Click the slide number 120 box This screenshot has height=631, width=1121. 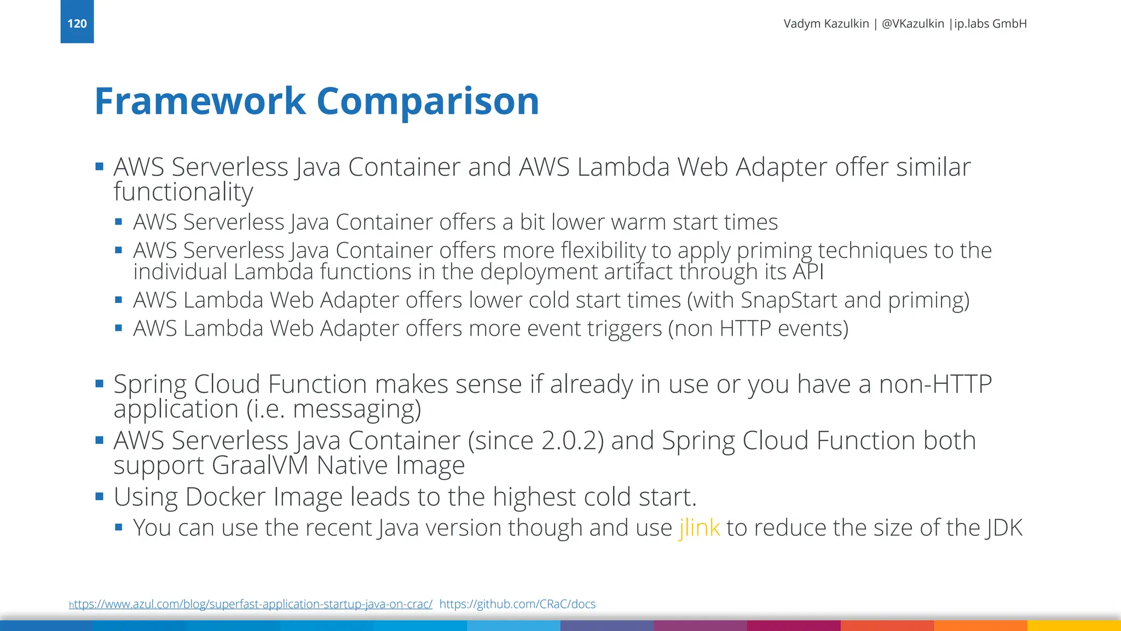pos(77,22)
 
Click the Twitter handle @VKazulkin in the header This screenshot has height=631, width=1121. pos(912,24)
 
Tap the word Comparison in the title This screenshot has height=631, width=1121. pos(427,101)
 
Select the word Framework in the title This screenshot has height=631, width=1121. pos(200,101)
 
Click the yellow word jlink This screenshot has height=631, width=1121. pos(699,528)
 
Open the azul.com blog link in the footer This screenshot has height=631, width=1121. pos(251,604)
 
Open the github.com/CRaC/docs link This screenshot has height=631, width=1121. pos(517,604)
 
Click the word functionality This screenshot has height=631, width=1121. pos(183,192)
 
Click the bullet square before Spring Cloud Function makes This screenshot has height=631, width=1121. pos(100,383)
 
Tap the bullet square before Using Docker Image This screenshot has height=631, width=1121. pos(100,497)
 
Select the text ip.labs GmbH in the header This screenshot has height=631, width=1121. pos(991,24)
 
